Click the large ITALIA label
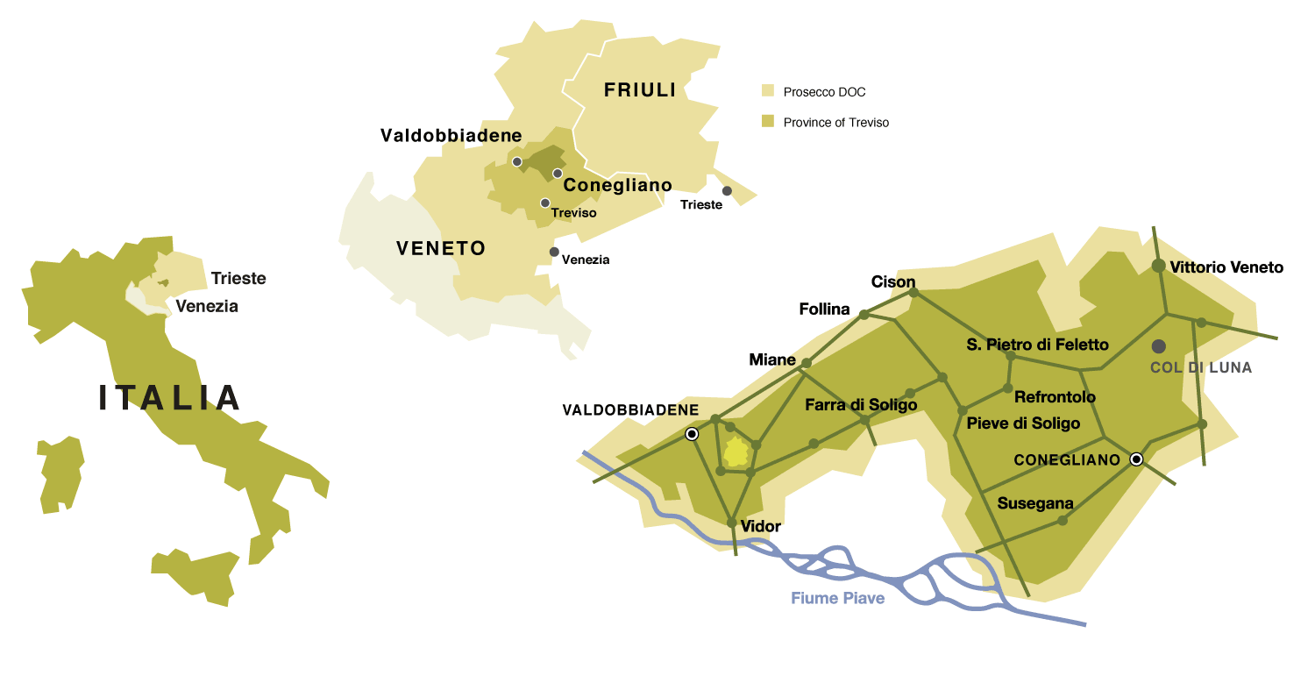170,398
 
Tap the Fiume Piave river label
837,598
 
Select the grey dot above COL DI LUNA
1159,346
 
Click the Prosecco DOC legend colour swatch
768,91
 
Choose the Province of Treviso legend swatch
768,122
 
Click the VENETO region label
441,248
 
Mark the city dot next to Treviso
545,203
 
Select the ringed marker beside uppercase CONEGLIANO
1137,459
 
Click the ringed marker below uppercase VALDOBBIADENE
692,434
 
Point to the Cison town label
892,281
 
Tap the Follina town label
824,309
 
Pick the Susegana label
1035,503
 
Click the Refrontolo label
1055,397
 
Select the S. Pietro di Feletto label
1037,345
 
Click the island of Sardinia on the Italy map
60,474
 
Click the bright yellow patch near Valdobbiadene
736,452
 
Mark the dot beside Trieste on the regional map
727,191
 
